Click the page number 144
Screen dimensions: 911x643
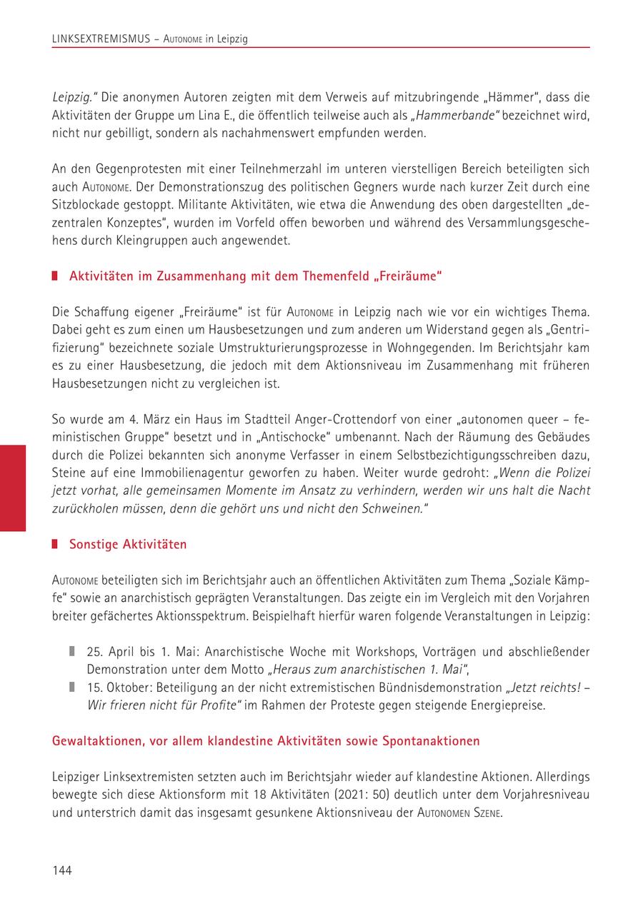click(x=62, y=870)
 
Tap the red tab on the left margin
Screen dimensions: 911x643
click(x=13, y=488)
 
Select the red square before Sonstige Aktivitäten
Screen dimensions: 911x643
click(x=56, y=545)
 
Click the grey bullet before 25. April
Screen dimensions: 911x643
click(x=72, y=651)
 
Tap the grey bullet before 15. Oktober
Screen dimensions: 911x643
click(x=72, y=687)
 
